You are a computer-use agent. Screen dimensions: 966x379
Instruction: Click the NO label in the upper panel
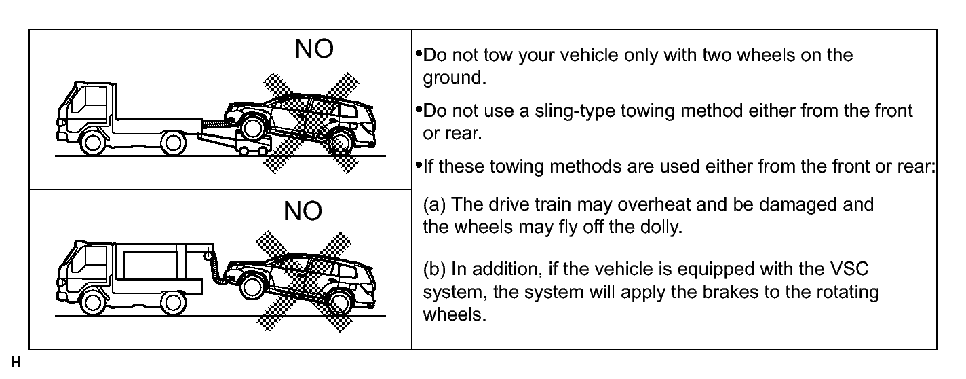(x=314, y=48)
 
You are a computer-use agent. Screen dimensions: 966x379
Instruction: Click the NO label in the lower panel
(x=303, y=211)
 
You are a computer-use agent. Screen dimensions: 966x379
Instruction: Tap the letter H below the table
(x=16, y=362)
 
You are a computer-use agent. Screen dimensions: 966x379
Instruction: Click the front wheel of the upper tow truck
(x=93, y=143)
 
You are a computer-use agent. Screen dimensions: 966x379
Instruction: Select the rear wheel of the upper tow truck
(x=174, y=143)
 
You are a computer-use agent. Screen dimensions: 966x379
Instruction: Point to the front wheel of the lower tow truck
(x=93, y=303)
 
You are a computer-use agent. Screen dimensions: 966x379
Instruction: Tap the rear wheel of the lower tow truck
(x=174, y=303)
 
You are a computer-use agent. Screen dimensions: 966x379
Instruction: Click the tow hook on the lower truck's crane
(x=208, y=255)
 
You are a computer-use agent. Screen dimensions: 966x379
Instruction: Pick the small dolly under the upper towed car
(x=254, y=144)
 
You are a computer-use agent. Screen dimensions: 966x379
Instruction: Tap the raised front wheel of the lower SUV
(x=252, y=287)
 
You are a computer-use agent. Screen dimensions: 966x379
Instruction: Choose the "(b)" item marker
(x=434, y=270)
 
